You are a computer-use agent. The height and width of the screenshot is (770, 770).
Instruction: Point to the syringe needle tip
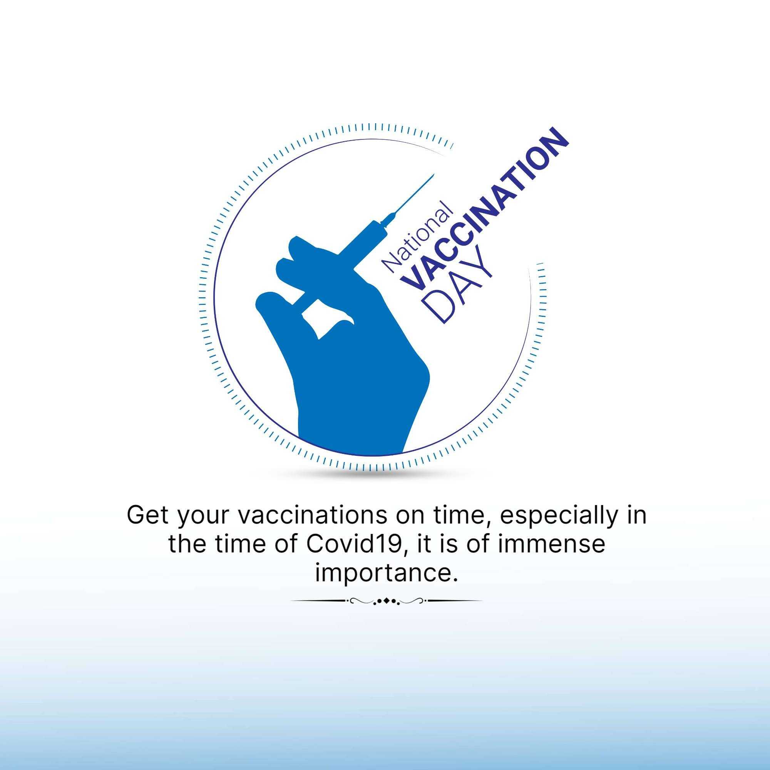[x=434, y=174]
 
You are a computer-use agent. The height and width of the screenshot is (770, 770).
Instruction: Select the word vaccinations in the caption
[x=312, y=515]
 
